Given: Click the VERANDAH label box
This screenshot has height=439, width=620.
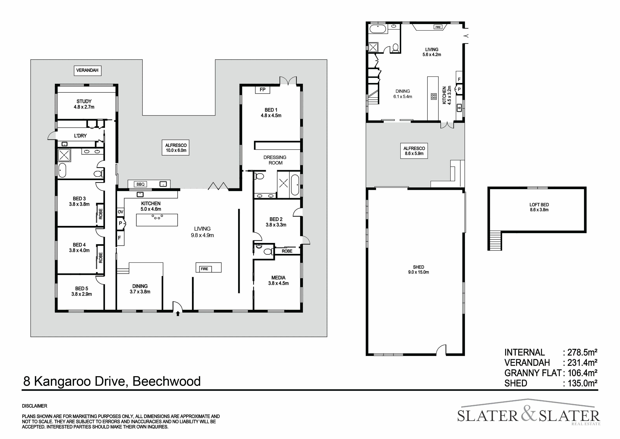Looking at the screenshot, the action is [x=87, y=71].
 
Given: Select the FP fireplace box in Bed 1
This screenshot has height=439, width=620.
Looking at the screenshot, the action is [x=262, y=90].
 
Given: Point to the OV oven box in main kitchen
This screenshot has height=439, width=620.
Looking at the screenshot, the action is [x=120, y=212].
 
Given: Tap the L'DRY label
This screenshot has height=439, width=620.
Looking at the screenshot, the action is [x=80, y=136].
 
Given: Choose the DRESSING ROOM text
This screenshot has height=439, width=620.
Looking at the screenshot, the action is [x=275, y=160].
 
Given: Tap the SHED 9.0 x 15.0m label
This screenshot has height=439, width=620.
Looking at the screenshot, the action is [x=419, y=269].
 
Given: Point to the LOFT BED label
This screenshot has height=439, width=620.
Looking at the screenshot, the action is [x=539, y=205].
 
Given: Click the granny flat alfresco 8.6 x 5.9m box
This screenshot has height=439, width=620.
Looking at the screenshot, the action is [x=414, y=151].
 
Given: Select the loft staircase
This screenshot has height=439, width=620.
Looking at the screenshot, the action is [x=495, y=241].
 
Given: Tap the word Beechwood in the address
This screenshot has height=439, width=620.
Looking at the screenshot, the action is [x=167, y=381].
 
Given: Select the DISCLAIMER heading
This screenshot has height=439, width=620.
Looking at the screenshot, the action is [x=35, y=406].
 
